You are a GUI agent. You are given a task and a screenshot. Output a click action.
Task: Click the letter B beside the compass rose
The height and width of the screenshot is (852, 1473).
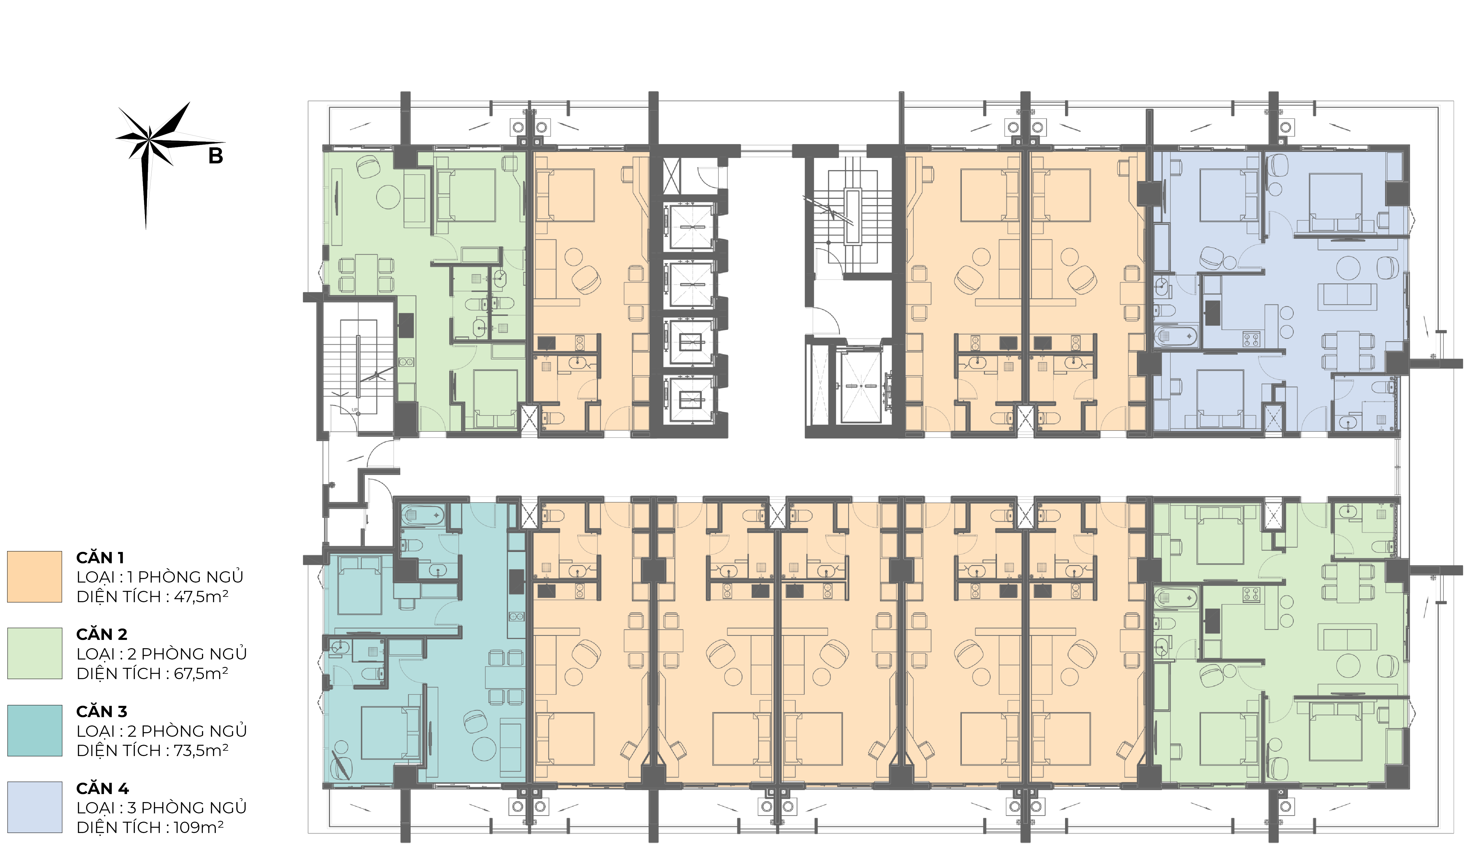click(216, 156)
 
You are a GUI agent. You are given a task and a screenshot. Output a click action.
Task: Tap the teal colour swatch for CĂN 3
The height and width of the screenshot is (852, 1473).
click(34, 730)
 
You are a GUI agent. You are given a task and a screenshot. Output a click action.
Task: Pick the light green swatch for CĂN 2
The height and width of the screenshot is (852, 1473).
click(34, 653)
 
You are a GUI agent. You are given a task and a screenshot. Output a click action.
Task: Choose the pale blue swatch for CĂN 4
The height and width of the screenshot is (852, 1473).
click(34, 807)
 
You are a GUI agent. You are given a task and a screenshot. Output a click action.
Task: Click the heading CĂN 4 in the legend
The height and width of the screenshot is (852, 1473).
click(102, 788)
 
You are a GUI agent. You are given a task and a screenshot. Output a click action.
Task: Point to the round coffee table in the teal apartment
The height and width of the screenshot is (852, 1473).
click(484, 749)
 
